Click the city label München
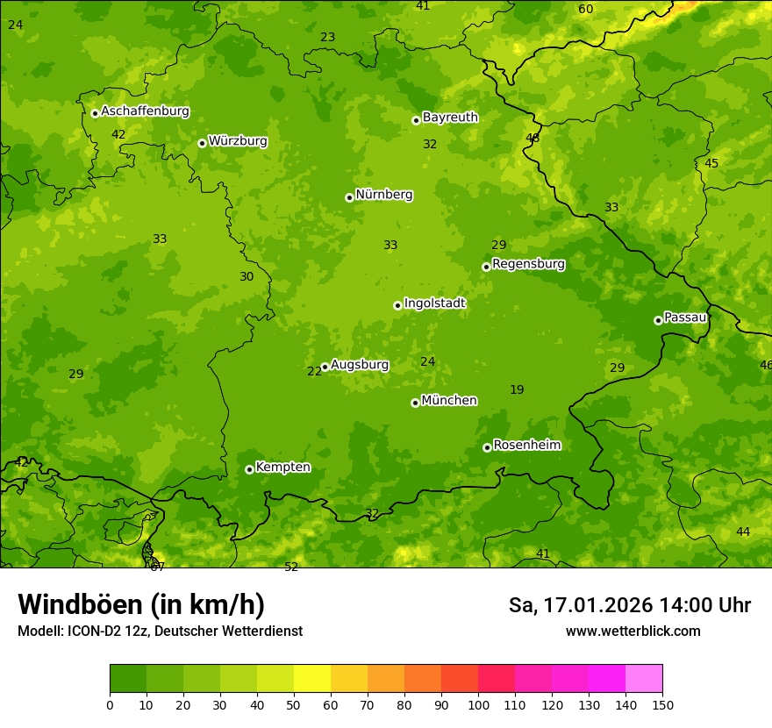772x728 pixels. pos(449,401)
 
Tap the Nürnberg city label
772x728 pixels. pos(384,195)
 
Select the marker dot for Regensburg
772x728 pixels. pos(486,267)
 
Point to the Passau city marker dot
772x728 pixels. pos(658,320)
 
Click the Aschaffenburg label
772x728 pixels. pos(145,111)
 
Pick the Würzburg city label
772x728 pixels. pos(238,141)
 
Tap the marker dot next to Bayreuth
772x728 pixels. pos(416,120)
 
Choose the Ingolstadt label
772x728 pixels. pos(434,303)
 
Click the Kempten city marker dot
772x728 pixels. pos(249,469)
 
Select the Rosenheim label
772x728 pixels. pos(526,446)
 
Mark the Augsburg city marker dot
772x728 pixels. pos(325,367)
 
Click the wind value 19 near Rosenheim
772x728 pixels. pos(517,389)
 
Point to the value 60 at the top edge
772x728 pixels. pos(586,10)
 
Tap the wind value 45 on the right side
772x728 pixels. pos(711,164)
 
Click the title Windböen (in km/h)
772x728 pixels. pos(141,604)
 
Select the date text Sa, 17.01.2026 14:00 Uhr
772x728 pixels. pos(629,605)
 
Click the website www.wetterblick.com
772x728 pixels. pos(633,631)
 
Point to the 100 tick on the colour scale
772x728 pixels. pos(478,704)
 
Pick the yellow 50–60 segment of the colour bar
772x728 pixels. pos(312,679)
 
